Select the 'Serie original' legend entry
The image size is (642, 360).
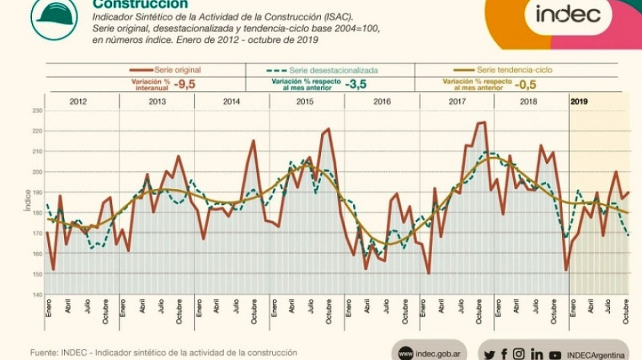(x=166, y=70)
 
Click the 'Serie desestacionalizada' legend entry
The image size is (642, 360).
(x=322, y=70)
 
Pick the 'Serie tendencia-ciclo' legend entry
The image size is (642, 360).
(x=503, y=70)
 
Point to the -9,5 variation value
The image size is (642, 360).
(x=184, y=84)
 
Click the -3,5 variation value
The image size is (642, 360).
(x=355, y=84)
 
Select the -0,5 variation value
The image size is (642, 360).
(x=525, y=85)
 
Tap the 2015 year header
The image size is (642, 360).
(x=305, y=101)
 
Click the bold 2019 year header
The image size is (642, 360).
(x=579, y=102)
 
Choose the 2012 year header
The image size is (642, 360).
(x=78, y=101)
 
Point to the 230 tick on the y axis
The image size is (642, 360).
(x=37, y=111)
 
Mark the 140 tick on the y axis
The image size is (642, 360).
(x=37, y=294)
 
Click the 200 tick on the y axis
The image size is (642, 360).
(x=37, y=172)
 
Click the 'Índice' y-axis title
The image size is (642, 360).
(x=27, y=200)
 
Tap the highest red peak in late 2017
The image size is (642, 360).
(x=485, y=122)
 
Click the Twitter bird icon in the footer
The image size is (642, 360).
(x=489, y=354)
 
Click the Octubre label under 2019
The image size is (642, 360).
(x=626, y=311)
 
